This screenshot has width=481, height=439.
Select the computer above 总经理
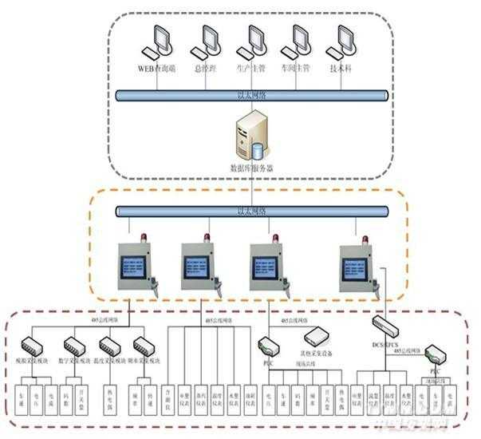click(209, 40)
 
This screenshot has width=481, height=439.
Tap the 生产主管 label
click(254, 68)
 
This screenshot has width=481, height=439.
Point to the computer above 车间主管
click(300, 40)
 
